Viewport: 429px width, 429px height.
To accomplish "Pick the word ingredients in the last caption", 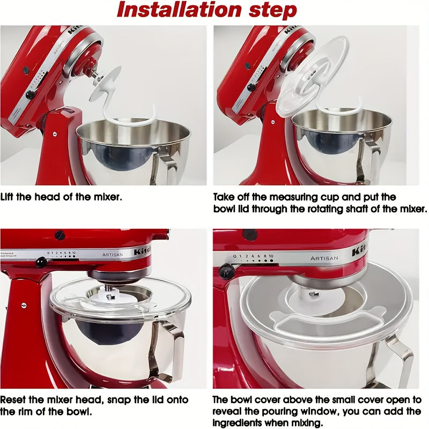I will [x=238, y=422].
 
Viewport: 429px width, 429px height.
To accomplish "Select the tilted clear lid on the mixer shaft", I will [x=314, y=75].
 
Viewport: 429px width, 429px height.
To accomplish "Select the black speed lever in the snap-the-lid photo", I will [x=40, y=261].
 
